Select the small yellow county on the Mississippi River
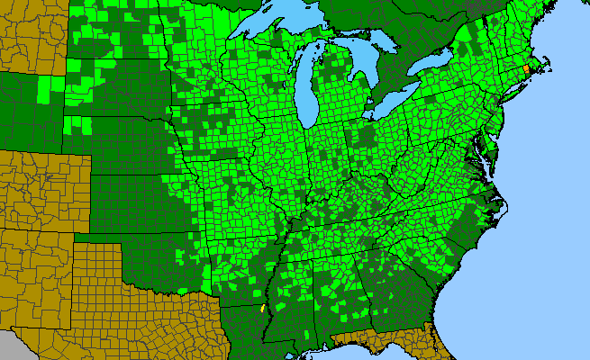[262, 308]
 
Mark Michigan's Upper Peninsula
[297, 45]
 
